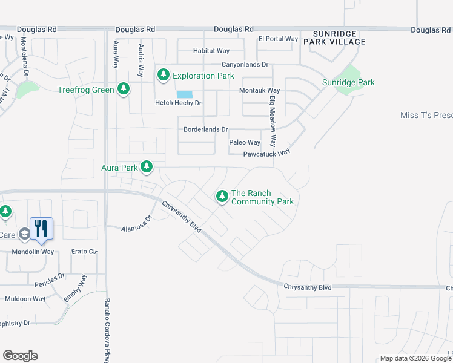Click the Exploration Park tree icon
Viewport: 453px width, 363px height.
(x=163, y=76)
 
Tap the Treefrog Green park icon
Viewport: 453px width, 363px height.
(x=124, y=90)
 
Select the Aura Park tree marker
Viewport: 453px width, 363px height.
(x=146, y=166)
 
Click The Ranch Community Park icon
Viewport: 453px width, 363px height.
(x=222, y=196)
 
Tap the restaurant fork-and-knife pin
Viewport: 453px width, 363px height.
(x=41, y=229)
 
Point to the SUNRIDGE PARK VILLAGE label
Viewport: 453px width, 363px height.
(x=339, y=38)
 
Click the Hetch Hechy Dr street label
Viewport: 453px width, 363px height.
(x=178, y=103)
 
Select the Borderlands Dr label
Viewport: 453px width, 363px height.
(x=205, y=129)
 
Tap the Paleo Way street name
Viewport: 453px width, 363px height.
(x=245, y=142)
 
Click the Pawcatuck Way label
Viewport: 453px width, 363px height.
(x=266, y=154)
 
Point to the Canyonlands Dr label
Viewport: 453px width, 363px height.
(x=245, y=64)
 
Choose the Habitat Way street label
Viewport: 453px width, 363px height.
(x=211, y=51)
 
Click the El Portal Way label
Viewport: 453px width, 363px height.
(x=278, y=39)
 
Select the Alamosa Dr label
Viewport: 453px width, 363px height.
(x=136, y=226)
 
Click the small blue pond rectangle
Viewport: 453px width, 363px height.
(x=185, y=94)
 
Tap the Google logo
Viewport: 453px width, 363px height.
(x=20, y=356)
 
